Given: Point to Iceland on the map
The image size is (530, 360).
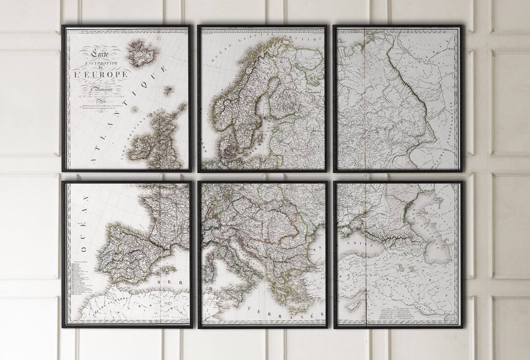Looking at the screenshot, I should [140, 54].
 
